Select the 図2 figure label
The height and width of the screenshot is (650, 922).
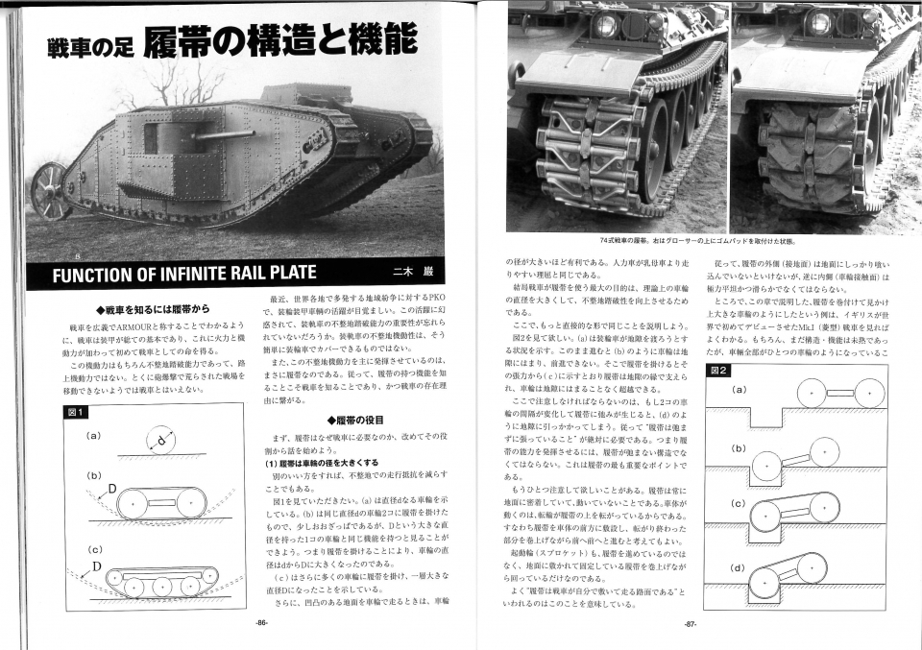click(718, 370)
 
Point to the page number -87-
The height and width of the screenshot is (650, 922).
click(689, 625)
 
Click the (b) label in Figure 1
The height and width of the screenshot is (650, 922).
click(94, 475)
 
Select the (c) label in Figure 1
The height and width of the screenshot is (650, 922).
click(94, 549)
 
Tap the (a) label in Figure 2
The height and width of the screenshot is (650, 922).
click(739, 390)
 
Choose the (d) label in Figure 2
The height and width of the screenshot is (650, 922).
click(739, 567)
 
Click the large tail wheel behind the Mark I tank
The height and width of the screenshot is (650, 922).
click(49, 190)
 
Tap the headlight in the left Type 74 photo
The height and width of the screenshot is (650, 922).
click(605, 25)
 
